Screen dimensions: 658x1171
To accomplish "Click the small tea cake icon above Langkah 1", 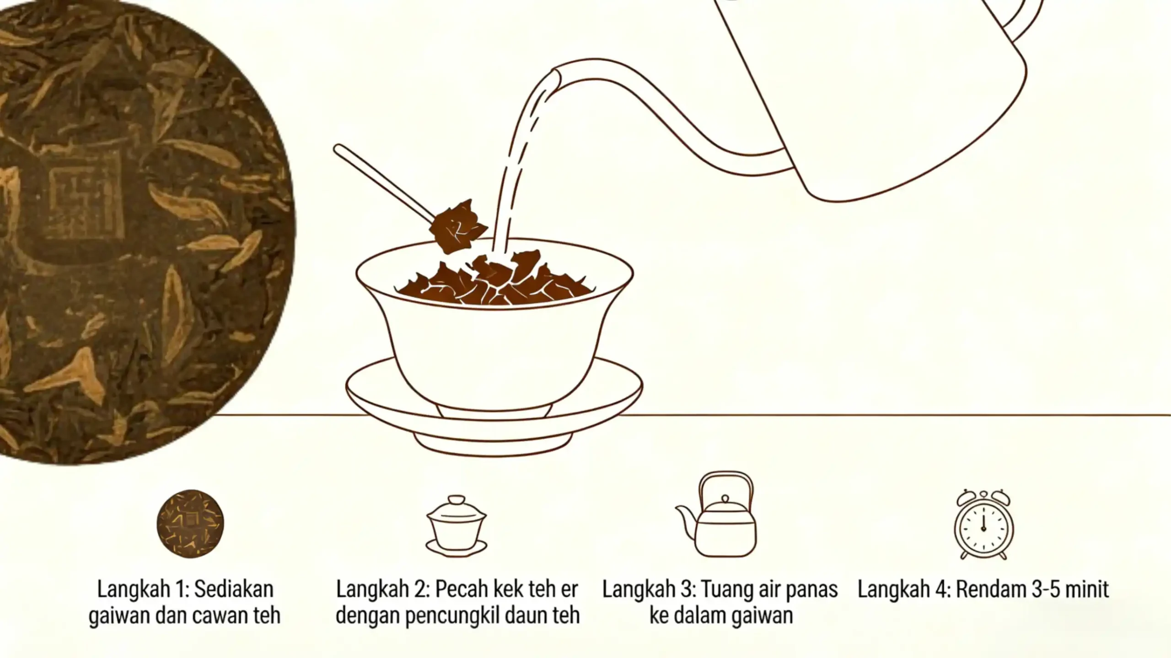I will [x=190, y=524].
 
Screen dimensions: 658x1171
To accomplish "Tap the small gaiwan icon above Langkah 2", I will [x=456, y=526].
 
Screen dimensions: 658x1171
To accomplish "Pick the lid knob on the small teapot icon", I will [x=725, y=498].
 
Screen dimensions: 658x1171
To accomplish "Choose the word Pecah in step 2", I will [x=461, y=590].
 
